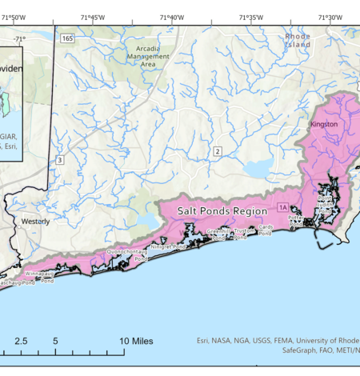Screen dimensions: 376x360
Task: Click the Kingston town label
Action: coord(323,126)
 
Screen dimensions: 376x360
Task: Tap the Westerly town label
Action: coord(34,222)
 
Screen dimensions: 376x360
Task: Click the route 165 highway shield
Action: coord(67,37)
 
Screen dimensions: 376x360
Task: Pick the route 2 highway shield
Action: coord(216,151)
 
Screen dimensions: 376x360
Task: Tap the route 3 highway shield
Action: coord(59,160)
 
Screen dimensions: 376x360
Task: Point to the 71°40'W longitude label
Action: coord(171,18)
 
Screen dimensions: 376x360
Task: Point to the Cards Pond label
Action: coord(265,230)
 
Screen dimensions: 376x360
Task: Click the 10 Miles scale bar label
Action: coord(137,341)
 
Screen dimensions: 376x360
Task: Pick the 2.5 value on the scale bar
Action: coord(21,341)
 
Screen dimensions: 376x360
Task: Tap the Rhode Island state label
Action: coord(298,40)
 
